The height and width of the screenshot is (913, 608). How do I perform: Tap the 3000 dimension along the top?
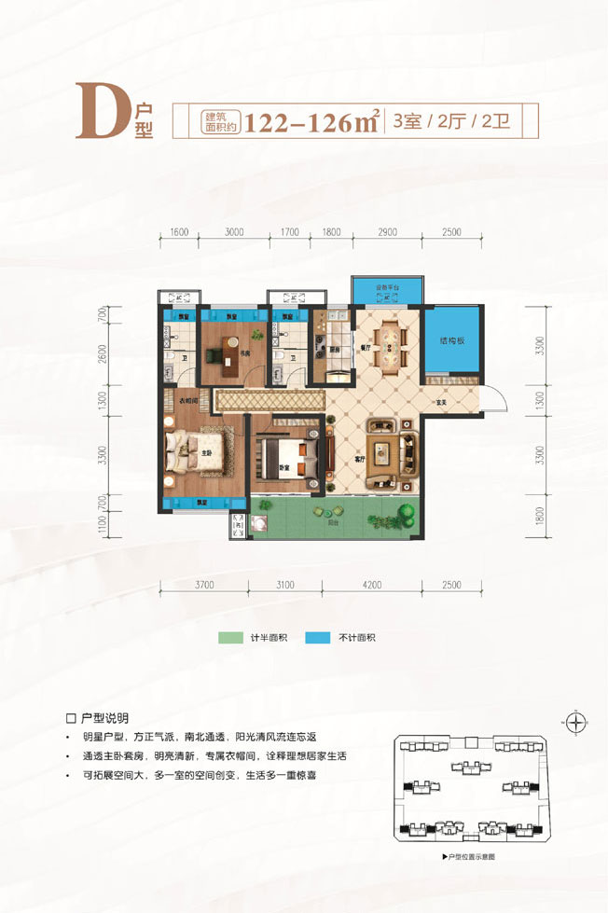coord(234,232)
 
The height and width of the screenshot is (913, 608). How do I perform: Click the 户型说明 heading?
coord(100,719)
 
